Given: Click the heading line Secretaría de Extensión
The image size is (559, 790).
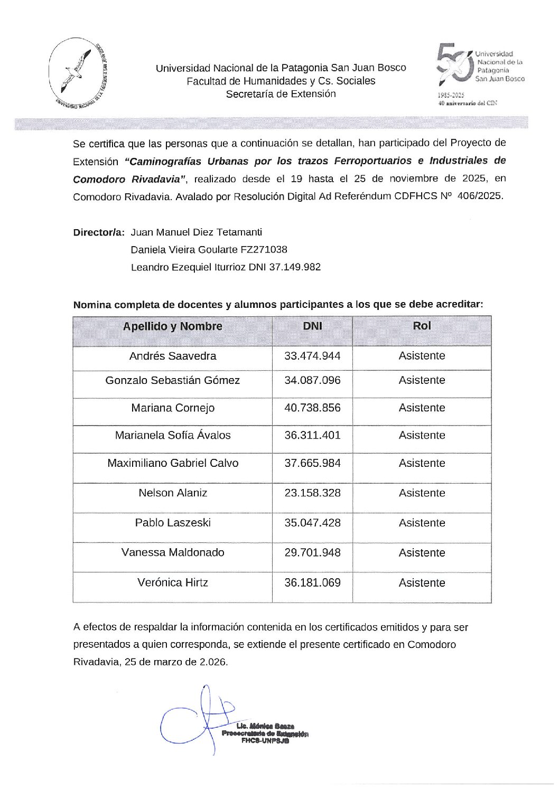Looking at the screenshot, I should pos(281,94).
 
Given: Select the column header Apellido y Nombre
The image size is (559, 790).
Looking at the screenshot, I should pos(172,326).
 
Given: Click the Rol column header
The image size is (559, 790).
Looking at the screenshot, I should pos(422,326).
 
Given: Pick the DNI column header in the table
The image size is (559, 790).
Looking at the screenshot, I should pos(312,326).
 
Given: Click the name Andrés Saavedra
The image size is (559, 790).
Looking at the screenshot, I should pos(172,356).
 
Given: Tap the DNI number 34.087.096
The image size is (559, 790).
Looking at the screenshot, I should pos(312,380).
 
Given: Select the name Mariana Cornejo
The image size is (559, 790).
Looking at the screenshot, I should pos(172,408).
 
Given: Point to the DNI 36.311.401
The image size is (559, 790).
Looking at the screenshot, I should pos(312,436).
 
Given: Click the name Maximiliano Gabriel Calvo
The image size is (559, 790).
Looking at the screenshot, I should pos(172,463).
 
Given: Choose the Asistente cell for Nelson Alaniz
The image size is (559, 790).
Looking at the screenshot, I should pos(422,493).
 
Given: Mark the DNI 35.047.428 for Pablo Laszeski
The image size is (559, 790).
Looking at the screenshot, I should pos(312,523).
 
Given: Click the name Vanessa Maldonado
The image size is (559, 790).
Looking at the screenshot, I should pos(172,552).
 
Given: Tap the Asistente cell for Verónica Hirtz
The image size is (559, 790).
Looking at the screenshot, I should pos(422,583).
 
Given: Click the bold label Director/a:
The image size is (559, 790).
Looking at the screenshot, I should pos(99,232).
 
